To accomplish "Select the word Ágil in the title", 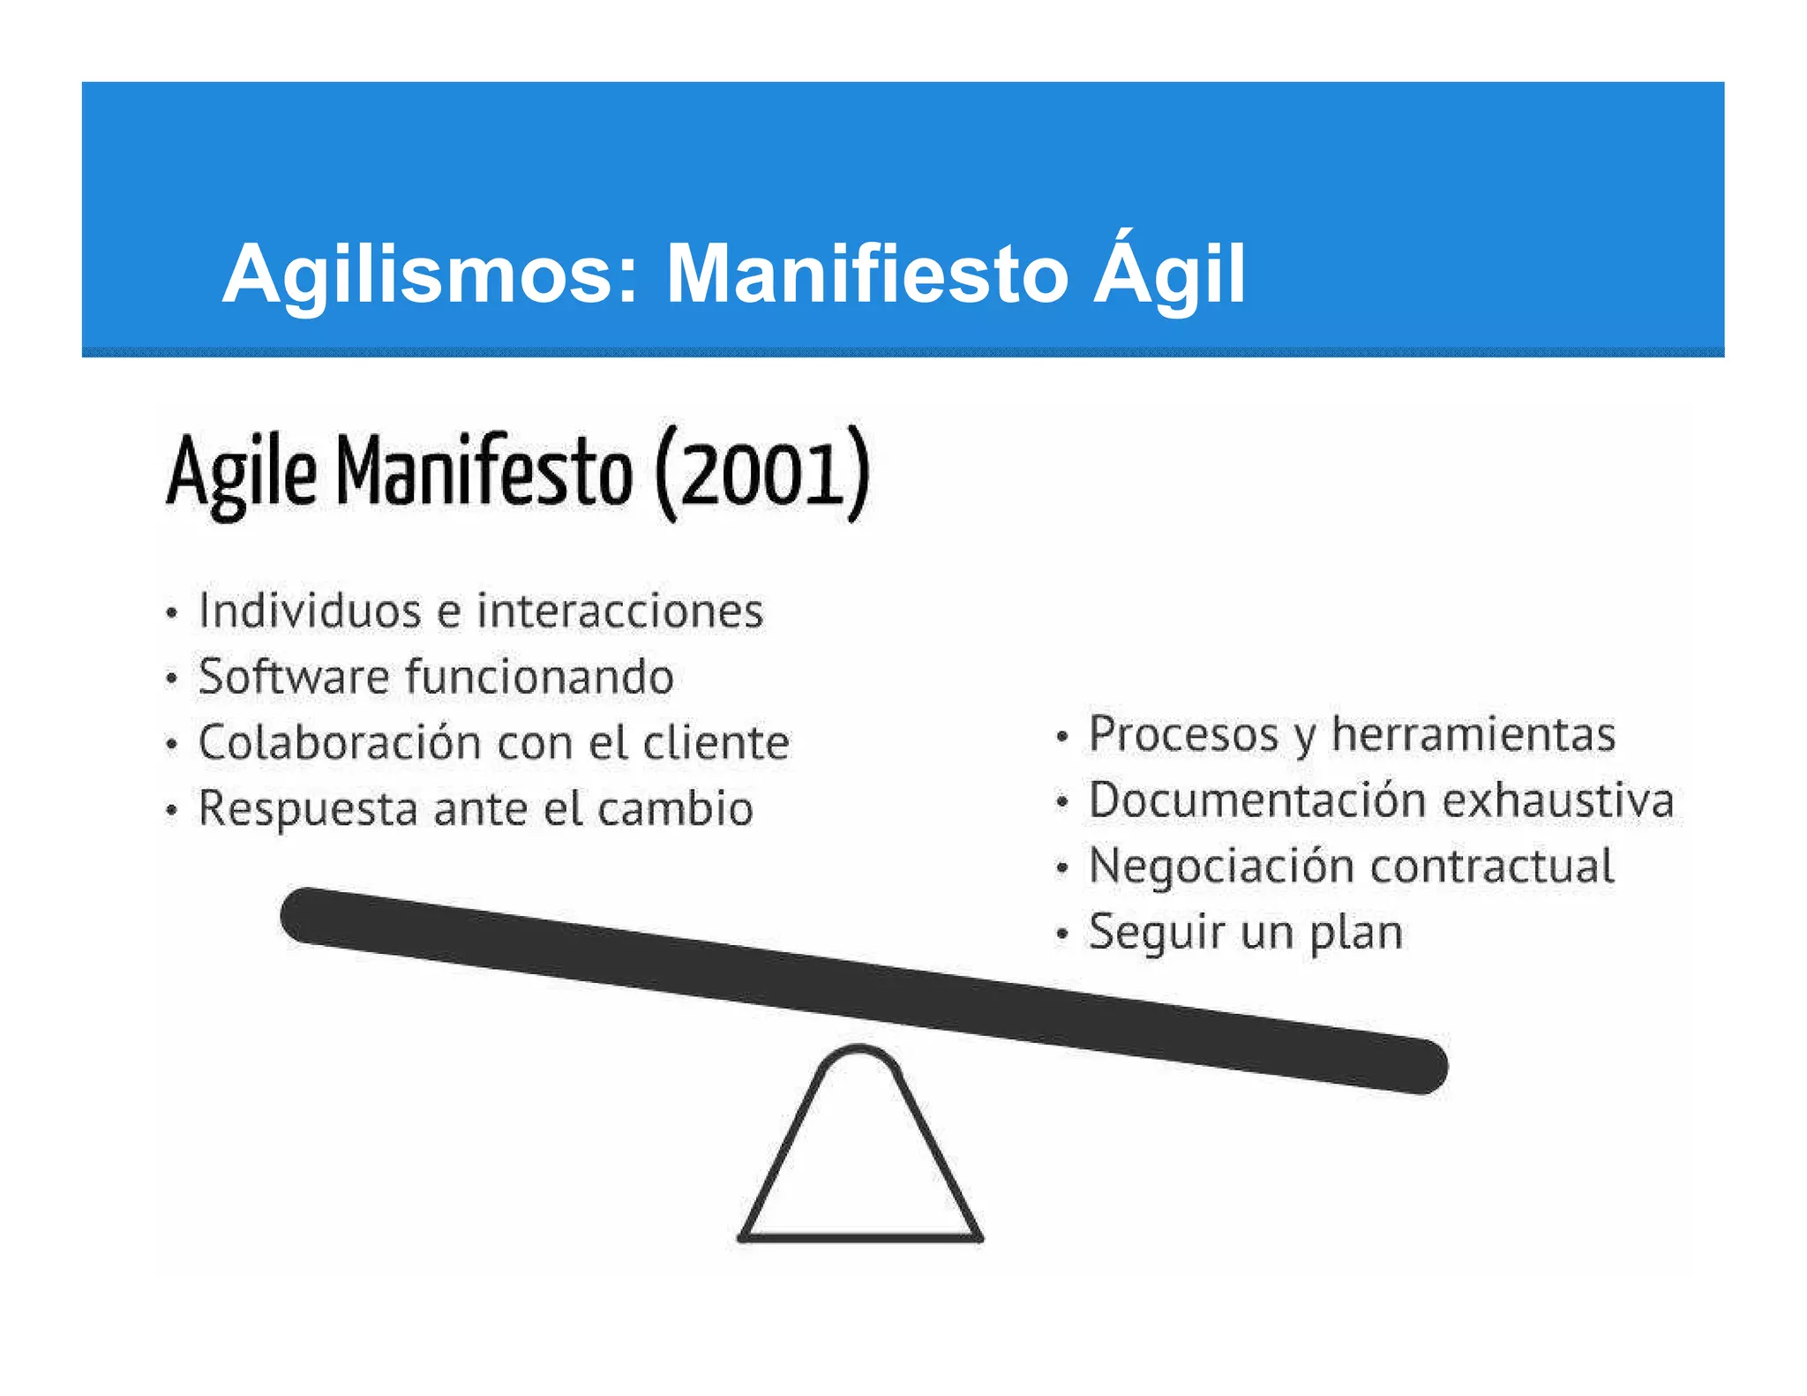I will click(1170, 274).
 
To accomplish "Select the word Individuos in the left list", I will click(310, 611).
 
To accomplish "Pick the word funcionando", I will click(540, 677).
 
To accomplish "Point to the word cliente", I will click(716, 742).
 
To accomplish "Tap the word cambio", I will click(675, 808).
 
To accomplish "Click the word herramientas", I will click(1473, 734).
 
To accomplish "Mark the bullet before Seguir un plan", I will click(1062, 934).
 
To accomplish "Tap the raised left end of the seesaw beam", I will click(309, 915).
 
